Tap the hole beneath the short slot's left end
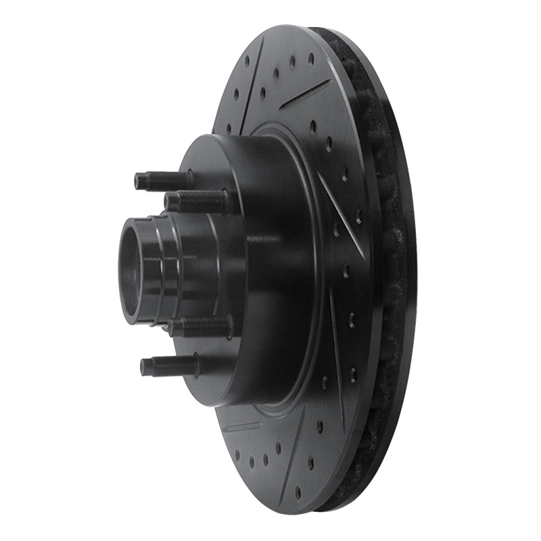pyautogui.click(x=237, y=454)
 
